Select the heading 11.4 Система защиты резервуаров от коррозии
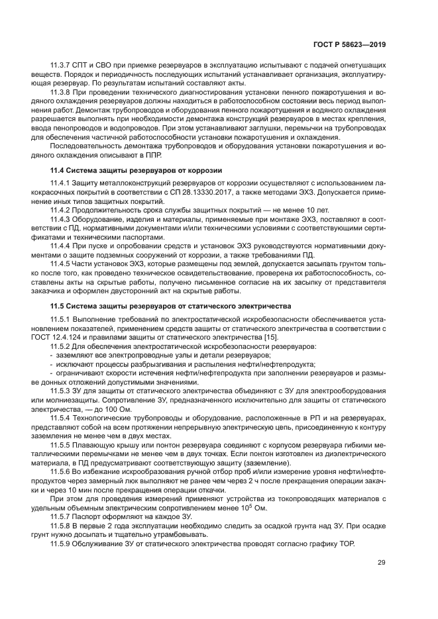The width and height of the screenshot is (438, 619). pyautogui.click(x=135, y=170)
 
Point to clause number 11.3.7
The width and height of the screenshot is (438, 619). pyautogui.click(x=62, y=70)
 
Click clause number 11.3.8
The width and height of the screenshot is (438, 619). pyautogui.click(x=62, y=93)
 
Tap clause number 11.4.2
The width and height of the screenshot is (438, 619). pyautogui.click(x=62, y=209)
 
